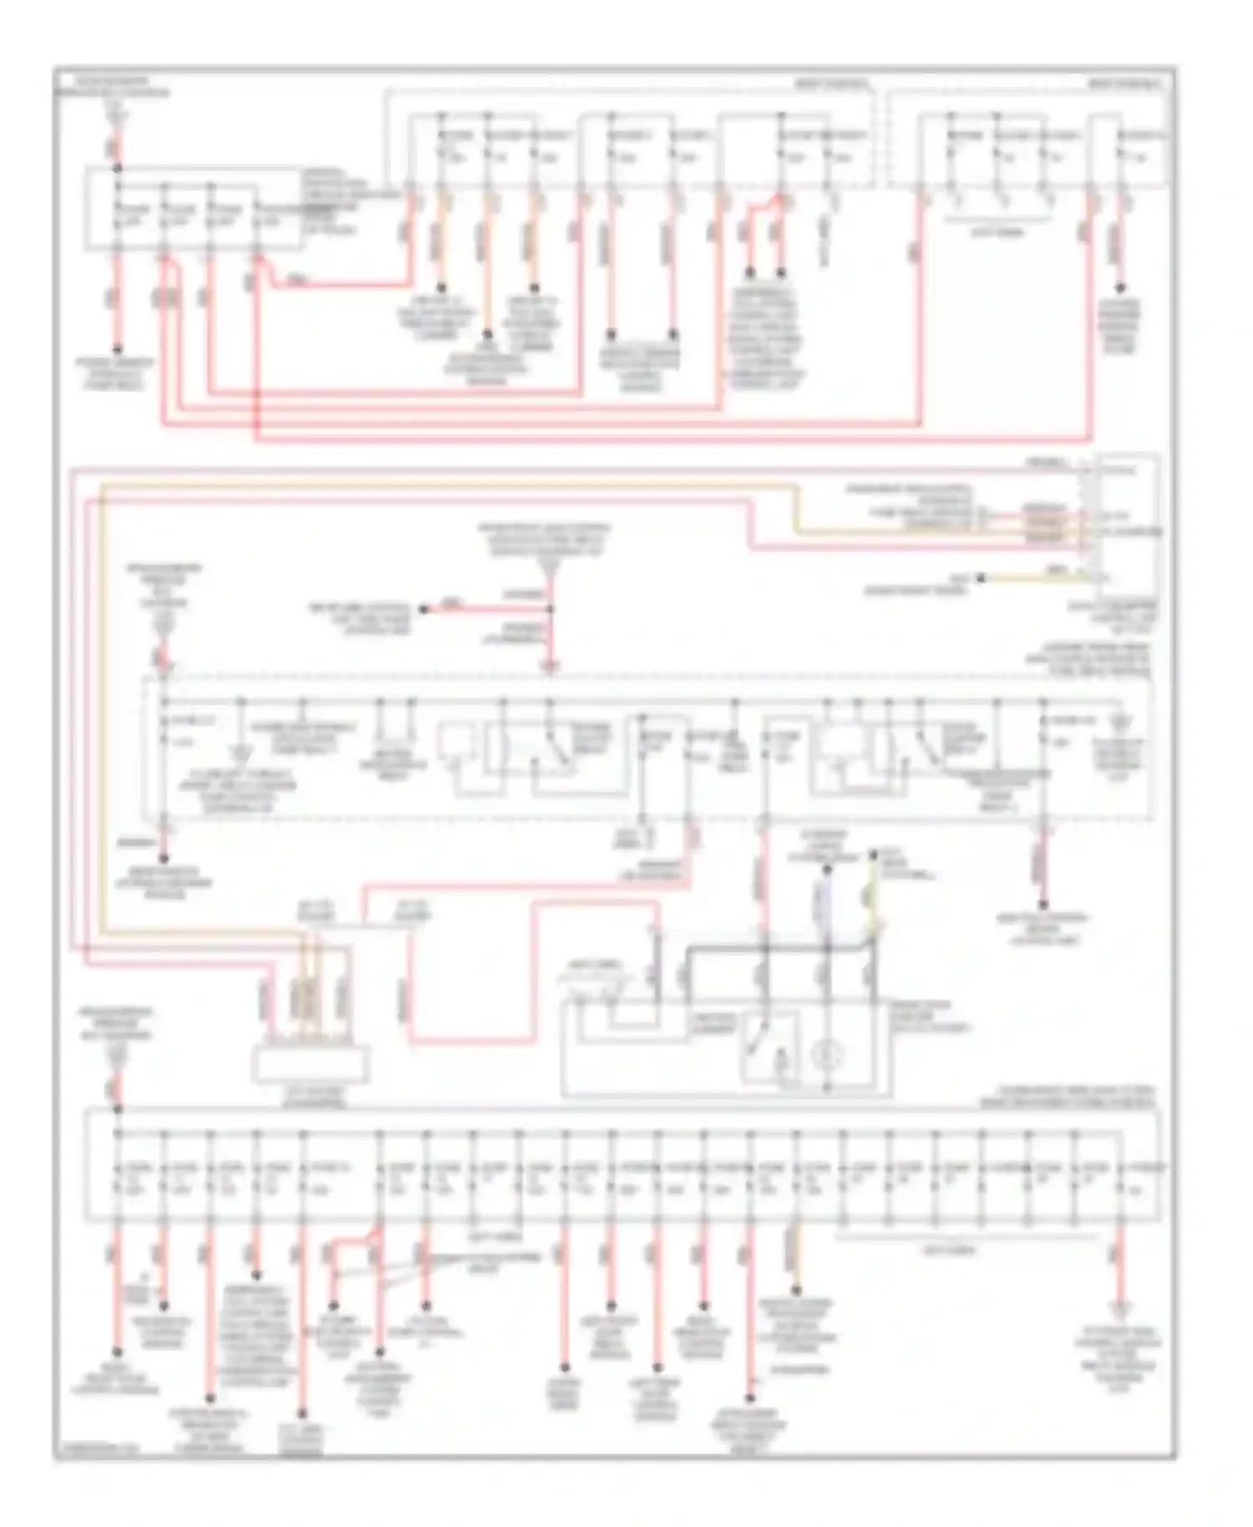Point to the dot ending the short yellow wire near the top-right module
pos(981,577)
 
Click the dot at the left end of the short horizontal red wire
pos(424,609)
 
